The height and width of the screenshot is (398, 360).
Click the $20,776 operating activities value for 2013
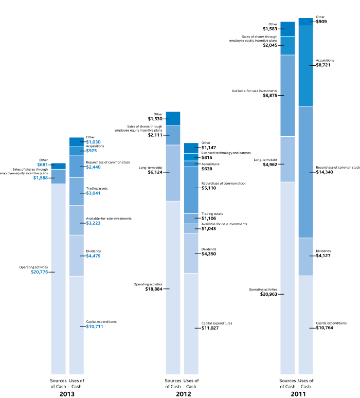click(x=40, y=272)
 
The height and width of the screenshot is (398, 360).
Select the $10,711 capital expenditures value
click(x=95, y=327)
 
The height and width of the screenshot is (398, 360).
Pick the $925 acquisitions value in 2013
click(x=92, y=151)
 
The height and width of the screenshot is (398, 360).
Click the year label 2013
click(x=67, y=394)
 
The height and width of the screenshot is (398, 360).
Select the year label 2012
click(x=182, y=394)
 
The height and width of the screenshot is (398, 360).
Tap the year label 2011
click(x=297, y=394)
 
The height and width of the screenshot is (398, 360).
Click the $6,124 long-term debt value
click(x=154, y=172)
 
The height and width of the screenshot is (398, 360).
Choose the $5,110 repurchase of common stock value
click(x=208, y=188)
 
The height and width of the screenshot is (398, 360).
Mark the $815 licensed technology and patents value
click(x=207, y=157)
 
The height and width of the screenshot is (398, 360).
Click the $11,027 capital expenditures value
click(x=210, y=328)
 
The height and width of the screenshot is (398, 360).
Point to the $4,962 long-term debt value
click(x=270, y=165)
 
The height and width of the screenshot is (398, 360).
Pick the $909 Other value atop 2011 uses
click(x=321, y=22)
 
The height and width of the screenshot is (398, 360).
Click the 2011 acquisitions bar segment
click(x=305, y=66)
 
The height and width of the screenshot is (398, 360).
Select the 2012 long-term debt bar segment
click(x=173, y=173)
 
